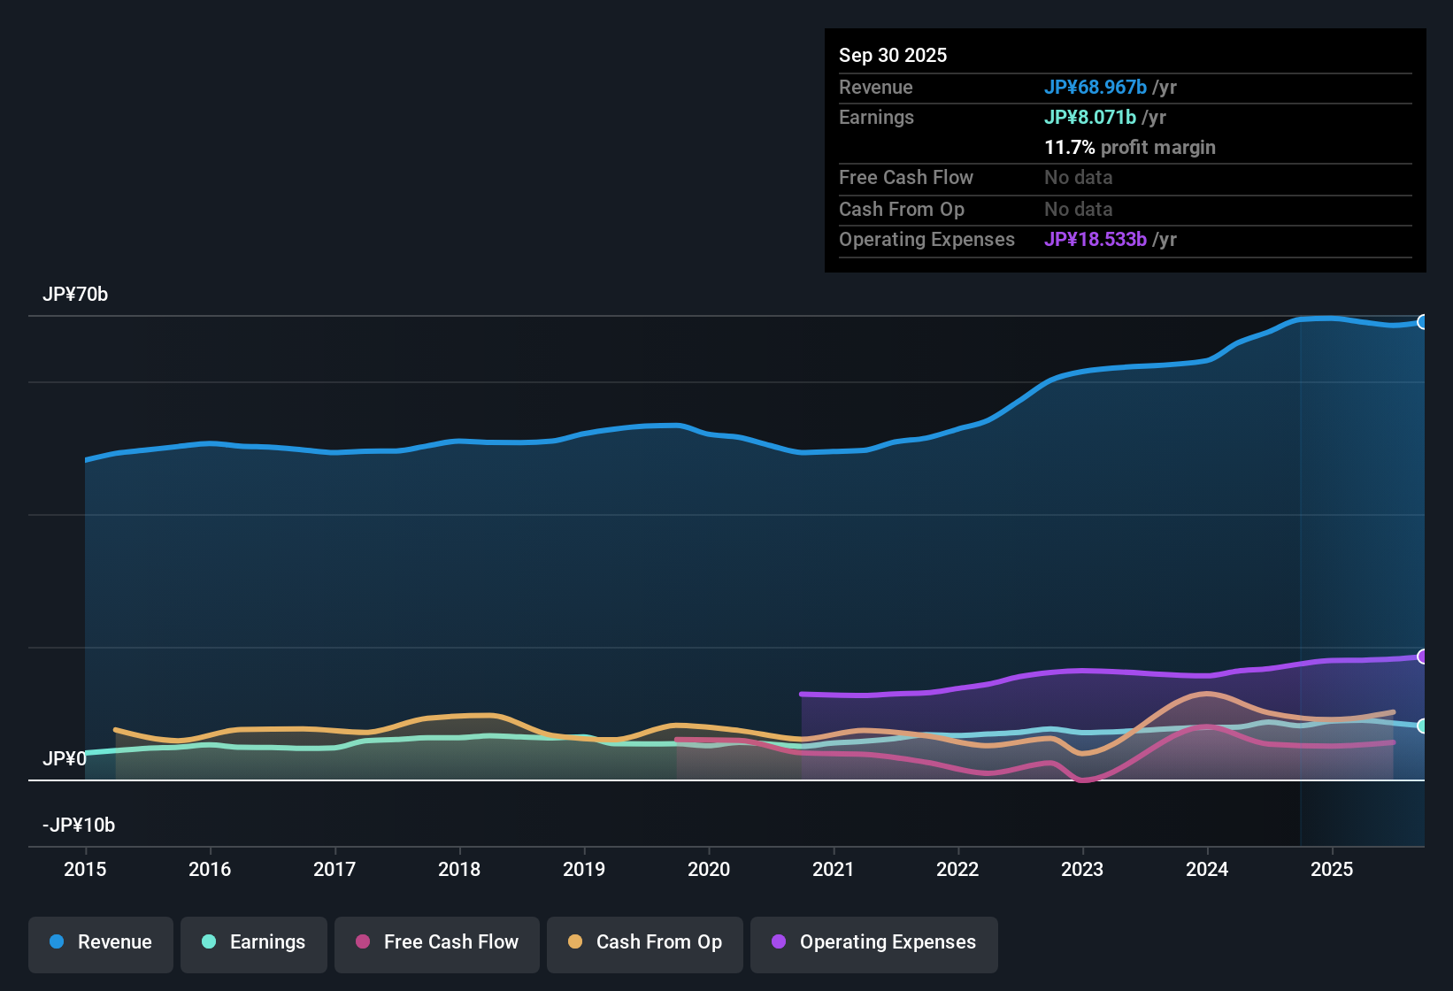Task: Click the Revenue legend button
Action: pyautogui.click(x=101, y=942)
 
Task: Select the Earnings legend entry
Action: pyautogui.click(x=254, y=942)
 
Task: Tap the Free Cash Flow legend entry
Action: pyautogui.click(x=437, y=942)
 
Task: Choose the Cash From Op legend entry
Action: pyautogui.click(x=645, y=942)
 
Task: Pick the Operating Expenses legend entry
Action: pyautogui.click(x=874, y=942)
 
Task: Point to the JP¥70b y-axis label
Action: pyautogui.click(x=75, y=295)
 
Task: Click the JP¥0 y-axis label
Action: pyautogui.click(x=64, y=759)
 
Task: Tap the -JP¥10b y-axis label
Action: pyautogui.click(x=79, y=826)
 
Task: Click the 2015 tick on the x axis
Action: pyautogui.click(x=85, y=870)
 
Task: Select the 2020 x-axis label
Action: pyautogui.click(x=709, y=870)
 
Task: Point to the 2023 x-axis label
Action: pyautogui.click(x=1082, y=870)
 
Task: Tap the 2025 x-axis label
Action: pyautogui.click(x=1332, y=870)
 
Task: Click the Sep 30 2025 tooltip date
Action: pyautogui.click(x=893, y=56)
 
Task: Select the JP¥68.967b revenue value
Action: pyautogui.click(x=1096, y=88)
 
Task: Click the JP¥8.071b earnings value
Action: pyautogui.click(x=1090, y=118)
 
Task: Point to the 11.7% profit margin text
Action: pyautogui.click(x=1130, y=148)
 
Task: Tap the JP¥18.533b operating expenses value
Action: pyautogui.click(x=1096, y=240)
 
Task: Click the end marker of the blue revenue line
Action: pyautogui.click(x=1422, y=322)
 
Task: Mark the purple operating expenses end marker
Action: pyautogui.click(x=1422, y=657)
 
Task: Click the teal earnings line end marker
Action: pyautogui.click(x=1422, y=726)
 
